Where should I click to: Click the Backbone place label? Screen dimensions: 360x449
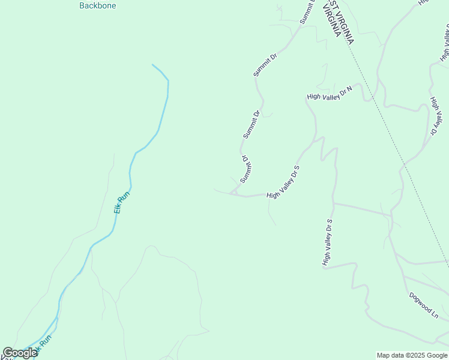[x=98, y=5]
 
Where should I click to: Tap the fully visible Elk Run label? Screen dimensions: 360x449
[x=122, y=203]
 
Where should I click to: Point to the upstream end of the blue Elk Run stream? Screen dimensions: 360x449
[x=153, y=65]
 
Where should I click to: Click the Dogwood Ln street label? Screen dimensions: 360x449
[x=425, y=305]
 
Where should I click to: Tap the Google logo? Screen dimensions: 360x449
[x=20, y=353]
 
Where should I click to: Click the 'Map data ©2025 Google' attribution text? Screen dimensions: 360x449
[x=412, y=355]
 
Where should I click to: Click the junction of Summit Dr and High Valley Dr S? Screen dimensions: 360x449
[x=231, y=193]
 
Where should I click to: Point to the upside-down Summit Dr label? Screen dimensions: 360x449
[x=246, y=170]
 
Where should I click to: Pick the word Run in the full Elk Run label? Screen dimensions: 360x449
[x=124, y=196]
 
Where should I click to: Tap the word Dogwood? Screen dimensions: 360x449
[x=421, y=302]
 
